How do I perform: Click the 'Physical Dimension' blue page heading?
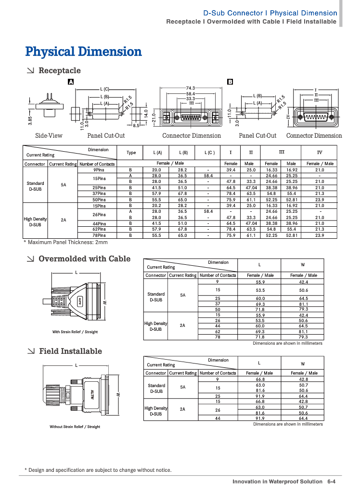[83, 52]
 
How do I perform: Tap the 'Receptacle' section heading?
[59, 70]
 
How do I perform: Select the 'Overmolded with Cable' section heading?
[84, 259]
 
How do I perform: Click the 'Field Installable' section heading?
[70, 351]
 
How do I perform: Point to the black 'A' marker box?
[71, 82]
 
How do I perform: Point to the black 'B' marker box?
[230, 82]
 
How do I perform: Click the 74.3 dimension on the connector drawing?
[190, 88]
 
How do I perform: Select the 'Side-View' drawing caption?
[49, 136]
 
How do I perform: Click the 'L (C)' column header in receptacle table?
[208, 153]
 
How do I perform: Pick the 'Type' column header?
[131, 153]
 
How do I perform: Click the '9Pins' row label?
[99, 170]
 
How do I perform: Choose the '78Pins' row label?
[99, 235]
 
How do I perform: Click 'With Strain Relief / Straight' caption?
[75, 332]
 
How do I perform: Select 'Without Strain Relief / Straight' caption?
[75, 427]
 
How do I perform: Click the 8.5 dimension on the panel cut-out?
[136, 125]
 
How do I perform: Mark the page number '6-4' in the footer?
[331, 481]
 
